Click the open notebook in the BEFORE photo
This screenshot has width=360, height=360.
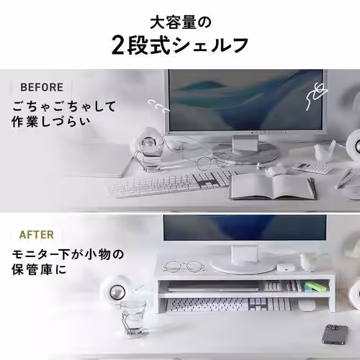[273, 186]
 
